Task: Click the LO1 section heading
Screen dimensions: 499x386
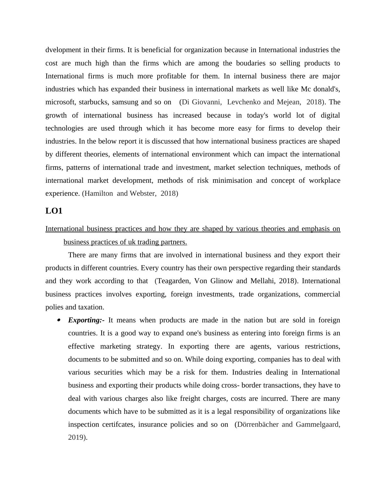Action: pos(54,211)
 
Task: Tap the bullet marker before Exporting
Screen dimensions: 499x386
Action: pos(59,320)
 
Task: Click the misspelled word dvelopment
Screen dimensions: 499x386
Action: pos(63,50)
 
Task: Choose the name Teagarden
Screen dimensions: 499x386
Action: pos(174,281)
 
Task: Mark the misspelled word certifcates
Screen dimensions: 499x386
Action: pos(118,424)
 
